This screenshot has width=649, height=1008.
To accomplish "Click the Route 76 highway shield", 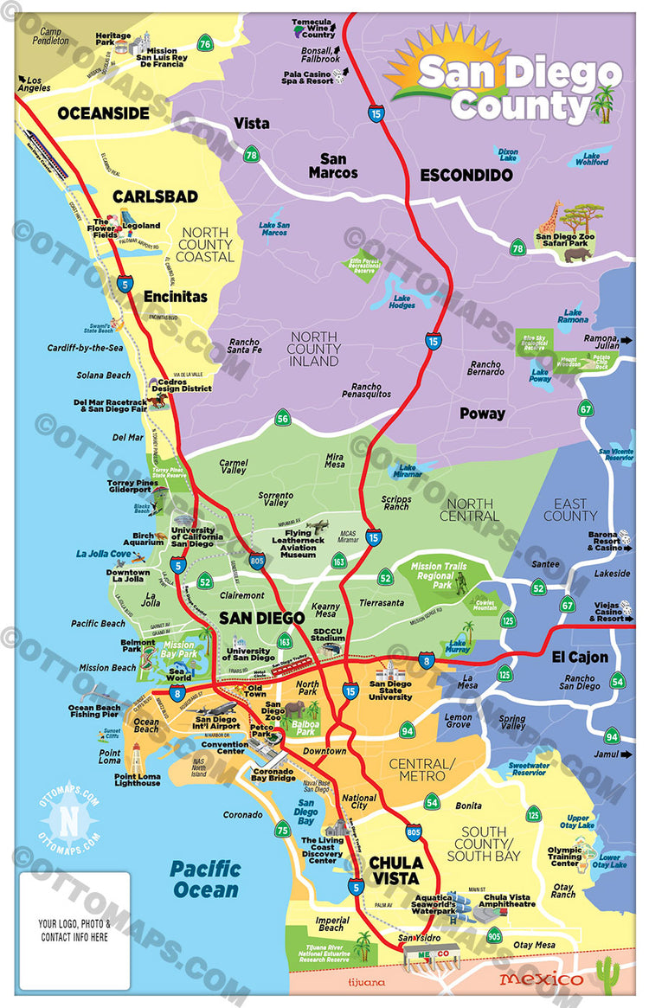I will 204,43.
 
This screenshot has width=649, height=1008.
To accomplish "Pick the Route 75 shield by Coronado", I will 282,831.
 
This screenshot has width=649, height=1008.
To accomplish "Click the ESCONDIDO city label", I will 466,175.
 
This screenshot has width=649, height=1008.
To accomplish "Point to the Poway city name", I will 482,414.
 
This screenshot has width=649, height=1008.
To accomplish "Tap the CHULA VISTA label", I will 396,870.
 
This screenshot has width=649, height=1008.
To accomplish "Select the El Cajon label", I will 580,657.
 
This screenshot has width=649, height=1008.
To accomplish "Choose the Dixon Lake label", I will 507,154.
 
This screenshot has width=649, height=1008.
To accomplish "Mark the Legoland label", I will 140,226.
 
